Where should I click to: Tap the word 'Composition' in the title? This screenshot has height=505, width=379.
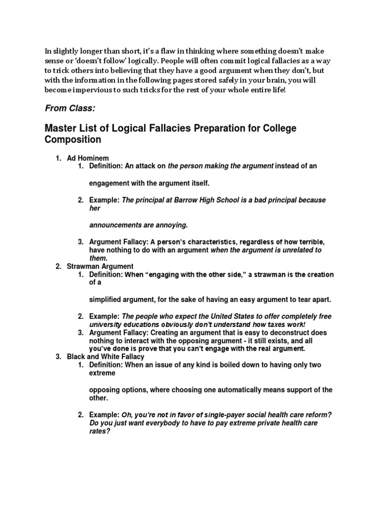(73, 140)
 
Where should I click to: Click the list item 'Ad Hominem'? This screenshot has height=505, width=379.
(87, 158)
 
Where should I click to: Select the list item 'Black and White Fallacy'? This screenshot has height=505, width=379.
(106, 357)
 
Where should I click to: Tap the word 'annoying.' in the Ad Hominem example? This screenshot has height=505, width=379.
(172, 225)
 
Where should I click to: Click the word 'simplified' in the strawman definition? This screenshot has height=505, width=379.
(106, 299)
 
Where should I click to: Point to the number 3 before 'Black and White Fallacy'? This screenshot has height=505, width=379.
(58, 357)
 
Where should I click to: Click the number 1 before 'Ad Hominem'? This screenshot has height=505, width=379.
(58, 158)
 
